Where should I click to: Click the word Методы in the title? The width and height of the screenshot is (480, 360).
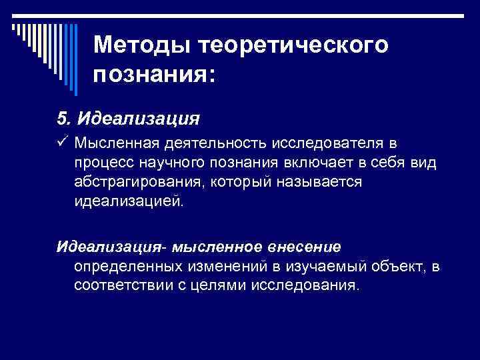coord(133,45)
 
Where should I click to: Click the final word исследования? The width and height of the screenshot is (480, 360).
coord(312,286)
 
